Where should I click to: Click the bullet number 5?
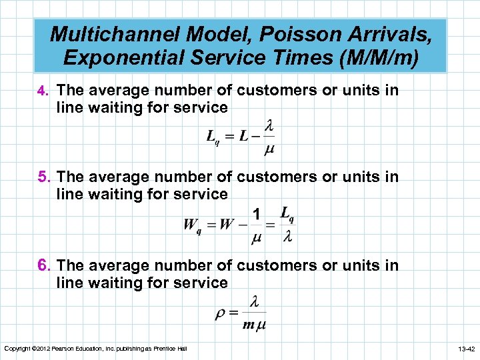click(x=44, y=177)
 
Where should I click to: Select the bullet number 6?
click(x=44, y=266)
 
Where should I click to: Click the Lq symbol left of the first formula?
click(x=213, y=138)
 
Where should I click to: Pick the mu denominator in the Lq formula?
click(x=269, y=149)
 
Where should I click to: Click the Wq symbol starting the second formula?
click(x=192, y=225)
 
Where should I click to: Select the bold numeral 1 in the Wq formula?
click(x=257, y=214)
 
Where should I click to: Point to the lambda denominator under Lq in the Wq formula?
click(x=287, y=237)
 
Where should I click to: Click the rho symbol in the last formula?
click(x=221, y=314)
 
